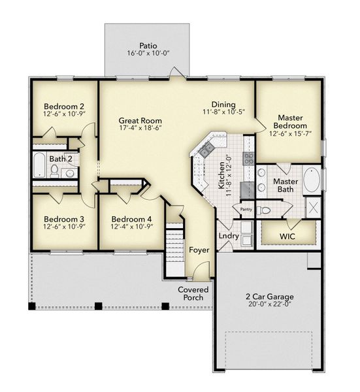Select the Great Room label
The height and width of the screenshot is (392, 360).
[x=140, y=121]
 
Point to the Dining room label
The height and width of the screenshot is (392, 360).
[x=223, y=105]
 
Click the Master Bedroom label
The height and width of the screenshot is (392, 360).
[x=290, y=121]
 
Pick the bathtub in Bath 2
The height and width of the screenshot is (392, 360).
[x=41, y=166]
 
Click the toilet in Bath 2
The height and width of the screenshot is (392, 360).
[x=56, y=171]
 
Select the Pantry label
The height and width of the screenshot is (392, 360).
[x=246, y=209]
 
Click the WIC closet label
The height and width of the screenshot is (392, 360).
[x=288, y=235]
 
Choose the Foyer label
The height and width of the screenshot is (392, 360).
[x=199, y=250]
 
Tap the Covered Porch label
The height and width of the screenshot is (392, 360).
[x=193, y=293]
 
